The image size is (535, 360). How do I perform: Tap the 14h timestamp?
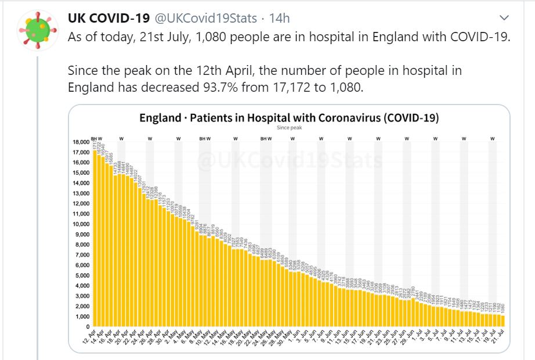pos(280,19)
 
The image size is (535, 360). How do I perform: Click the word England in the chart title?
pos(160,118)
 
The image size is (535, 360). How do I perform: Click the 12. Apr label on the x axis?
pos(89,338)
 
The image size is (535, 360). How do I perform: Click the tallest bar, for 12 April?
pos(95,238)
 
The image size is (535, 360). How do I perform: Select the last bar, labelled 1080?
pos(502,321)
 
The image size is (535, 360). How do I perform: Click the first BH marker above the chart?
pos(93,139)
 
